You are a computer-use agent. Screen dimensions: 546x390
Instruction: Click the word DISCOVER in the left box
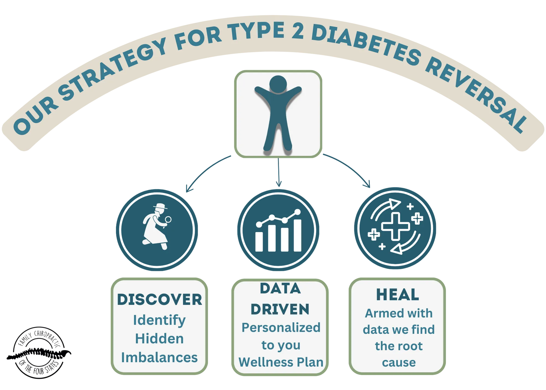pos(160,300)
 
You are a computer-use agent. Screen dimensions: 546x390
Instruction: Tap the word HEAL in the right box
pos(397,295)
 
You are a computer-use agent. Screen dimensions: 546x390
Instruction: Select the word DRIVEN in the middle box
pos(280,309)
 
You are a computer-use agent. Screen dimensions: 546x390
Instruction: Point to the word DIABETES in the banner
pos(366,44)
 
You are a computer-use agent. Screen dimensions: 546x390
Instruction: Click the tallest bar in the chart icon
pos(297,235)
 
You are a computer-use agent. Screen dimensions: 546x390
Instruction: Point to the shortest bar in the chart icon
pos(259,241)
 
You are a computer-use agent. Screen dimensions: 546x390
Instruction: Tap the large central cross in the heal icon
pos(395,226)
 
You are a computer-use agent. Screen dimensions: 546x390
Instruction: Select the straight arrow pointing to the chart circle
pos(278,172)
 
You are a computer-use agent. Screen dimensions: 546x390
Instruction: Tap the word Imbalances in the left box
pos(159,357)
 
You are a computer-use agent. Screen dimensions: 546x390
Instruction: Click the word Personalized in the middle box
pos(281,328)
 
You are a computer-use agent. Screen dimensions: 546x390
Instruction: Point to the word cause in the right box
pos(399,363)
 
